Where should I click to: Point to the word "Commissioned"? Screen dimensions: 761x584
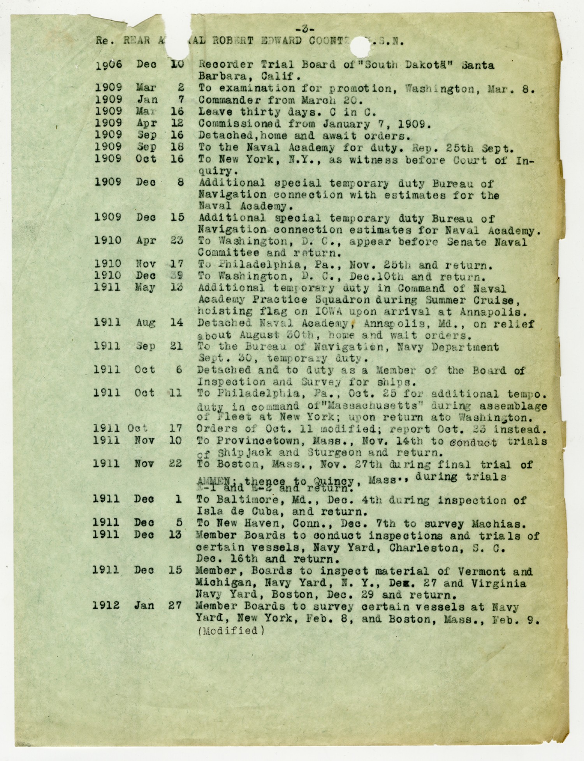(239, 124)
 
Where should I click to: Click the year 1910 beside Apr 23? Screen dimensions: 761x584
(108, 241)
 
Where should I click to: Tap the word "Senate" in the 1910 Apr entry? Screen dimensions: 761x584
(466, 242)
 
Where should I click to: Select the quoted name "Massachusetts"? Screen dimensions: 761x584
(373, 405)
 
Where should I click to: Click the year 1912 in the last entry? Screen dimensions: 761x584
(106, 605)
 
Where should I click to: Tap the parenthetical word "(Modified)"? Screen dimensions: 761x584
(231, 630)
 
